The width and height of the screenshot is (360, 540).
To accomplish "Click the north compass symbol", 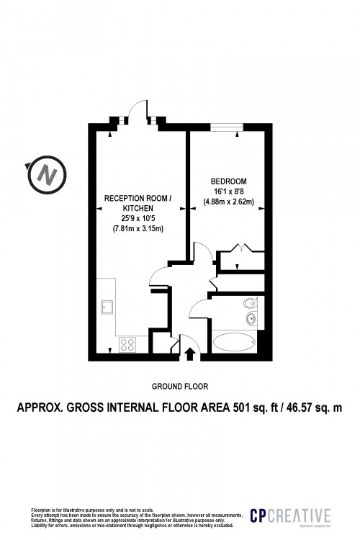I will tap(48, 174).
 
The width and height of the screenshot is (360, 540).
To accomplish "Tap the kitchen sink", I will tap(109, 308).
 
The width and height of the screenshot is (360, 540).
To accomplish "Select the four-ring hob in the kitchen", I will tap(129, 344).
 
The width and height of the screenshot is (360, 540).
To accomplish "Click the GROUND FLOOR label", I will tap(180, 387).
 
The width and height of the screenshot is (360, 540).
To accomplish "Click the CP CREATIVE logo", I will tap(290, 516).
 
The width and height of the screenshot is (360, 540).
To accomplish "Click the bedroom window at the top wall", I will tap(225, 127).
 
